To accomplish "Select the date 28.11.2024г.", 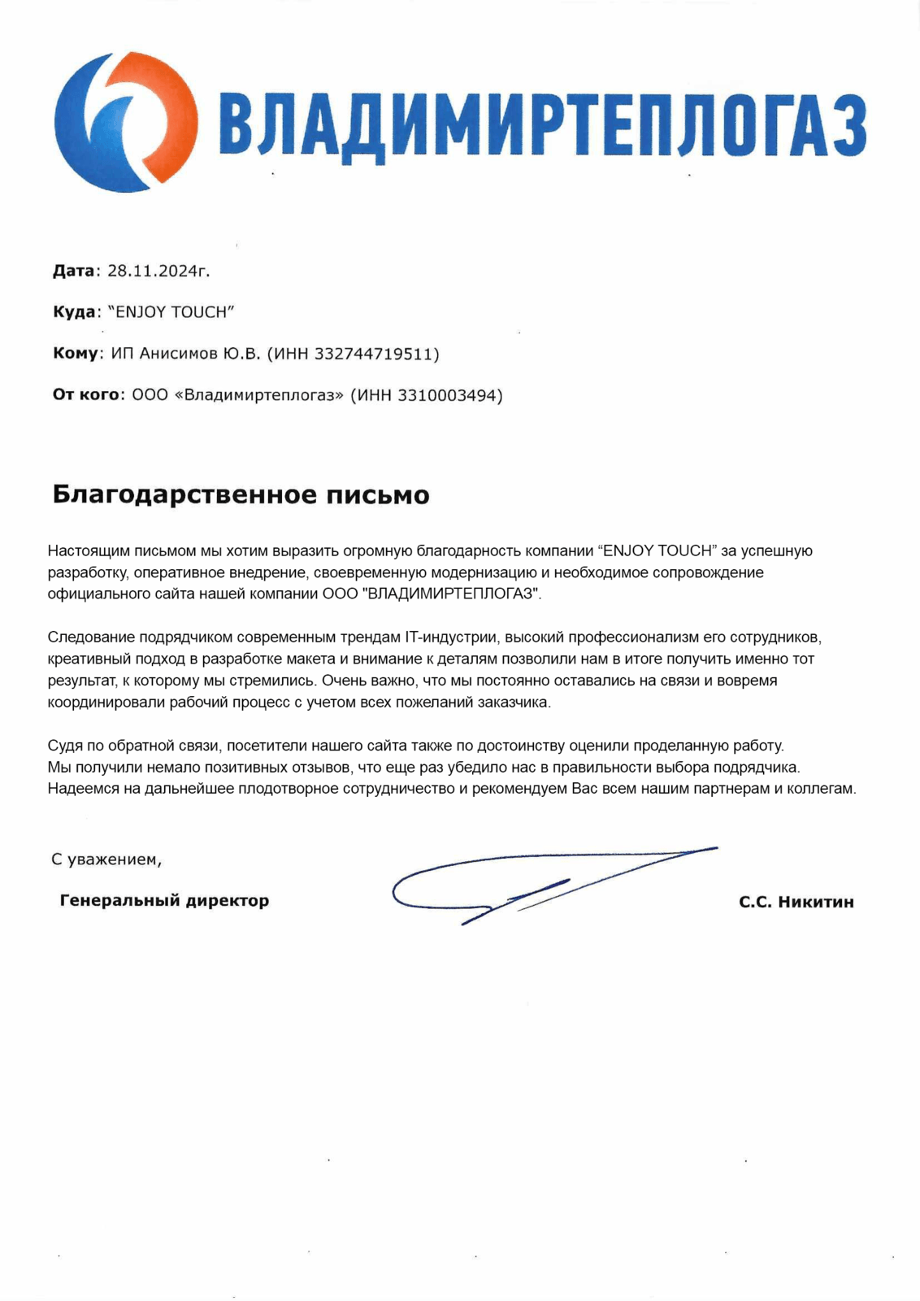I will [158, 271].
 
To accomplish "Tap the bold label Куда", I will [74, 312].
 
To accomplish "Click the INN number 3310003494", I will [448, 395].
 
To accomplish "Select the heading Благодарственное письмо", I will [241, 494].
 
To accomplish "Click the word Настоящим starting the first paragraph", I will [81, 551].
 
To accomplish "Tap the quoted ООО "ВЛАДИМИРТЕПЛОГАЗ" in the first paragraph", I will [431, 594].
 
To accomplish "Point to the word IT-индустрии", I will [450, 637].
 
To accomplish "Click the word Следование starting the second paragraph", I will [85, 637].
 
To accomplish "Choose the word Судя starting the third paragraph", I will [63, 745].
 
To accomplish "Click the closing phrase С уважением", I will [106, 859].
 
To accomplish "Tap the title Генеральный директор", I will [164, 900].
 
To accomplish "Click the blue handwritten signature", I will [553, 882].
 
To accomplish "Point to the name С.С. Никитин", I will [796, 902].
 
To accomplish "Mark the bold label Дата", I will [74, 271].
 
